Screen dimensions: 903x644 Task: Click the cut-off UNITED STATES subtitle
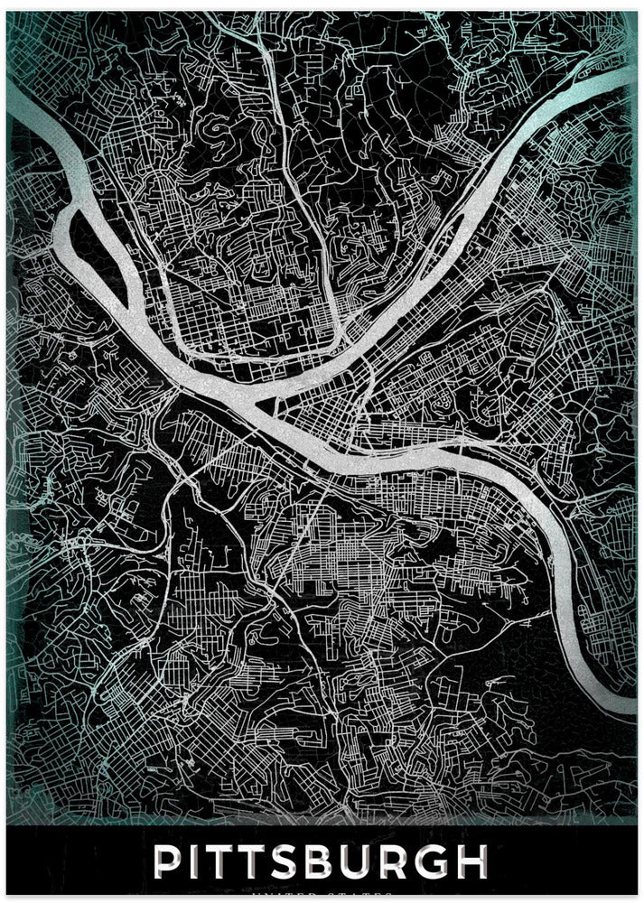(x=322, y=895)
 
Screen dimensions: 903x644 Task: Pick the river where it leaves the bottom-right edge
(x=614, y=695)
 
